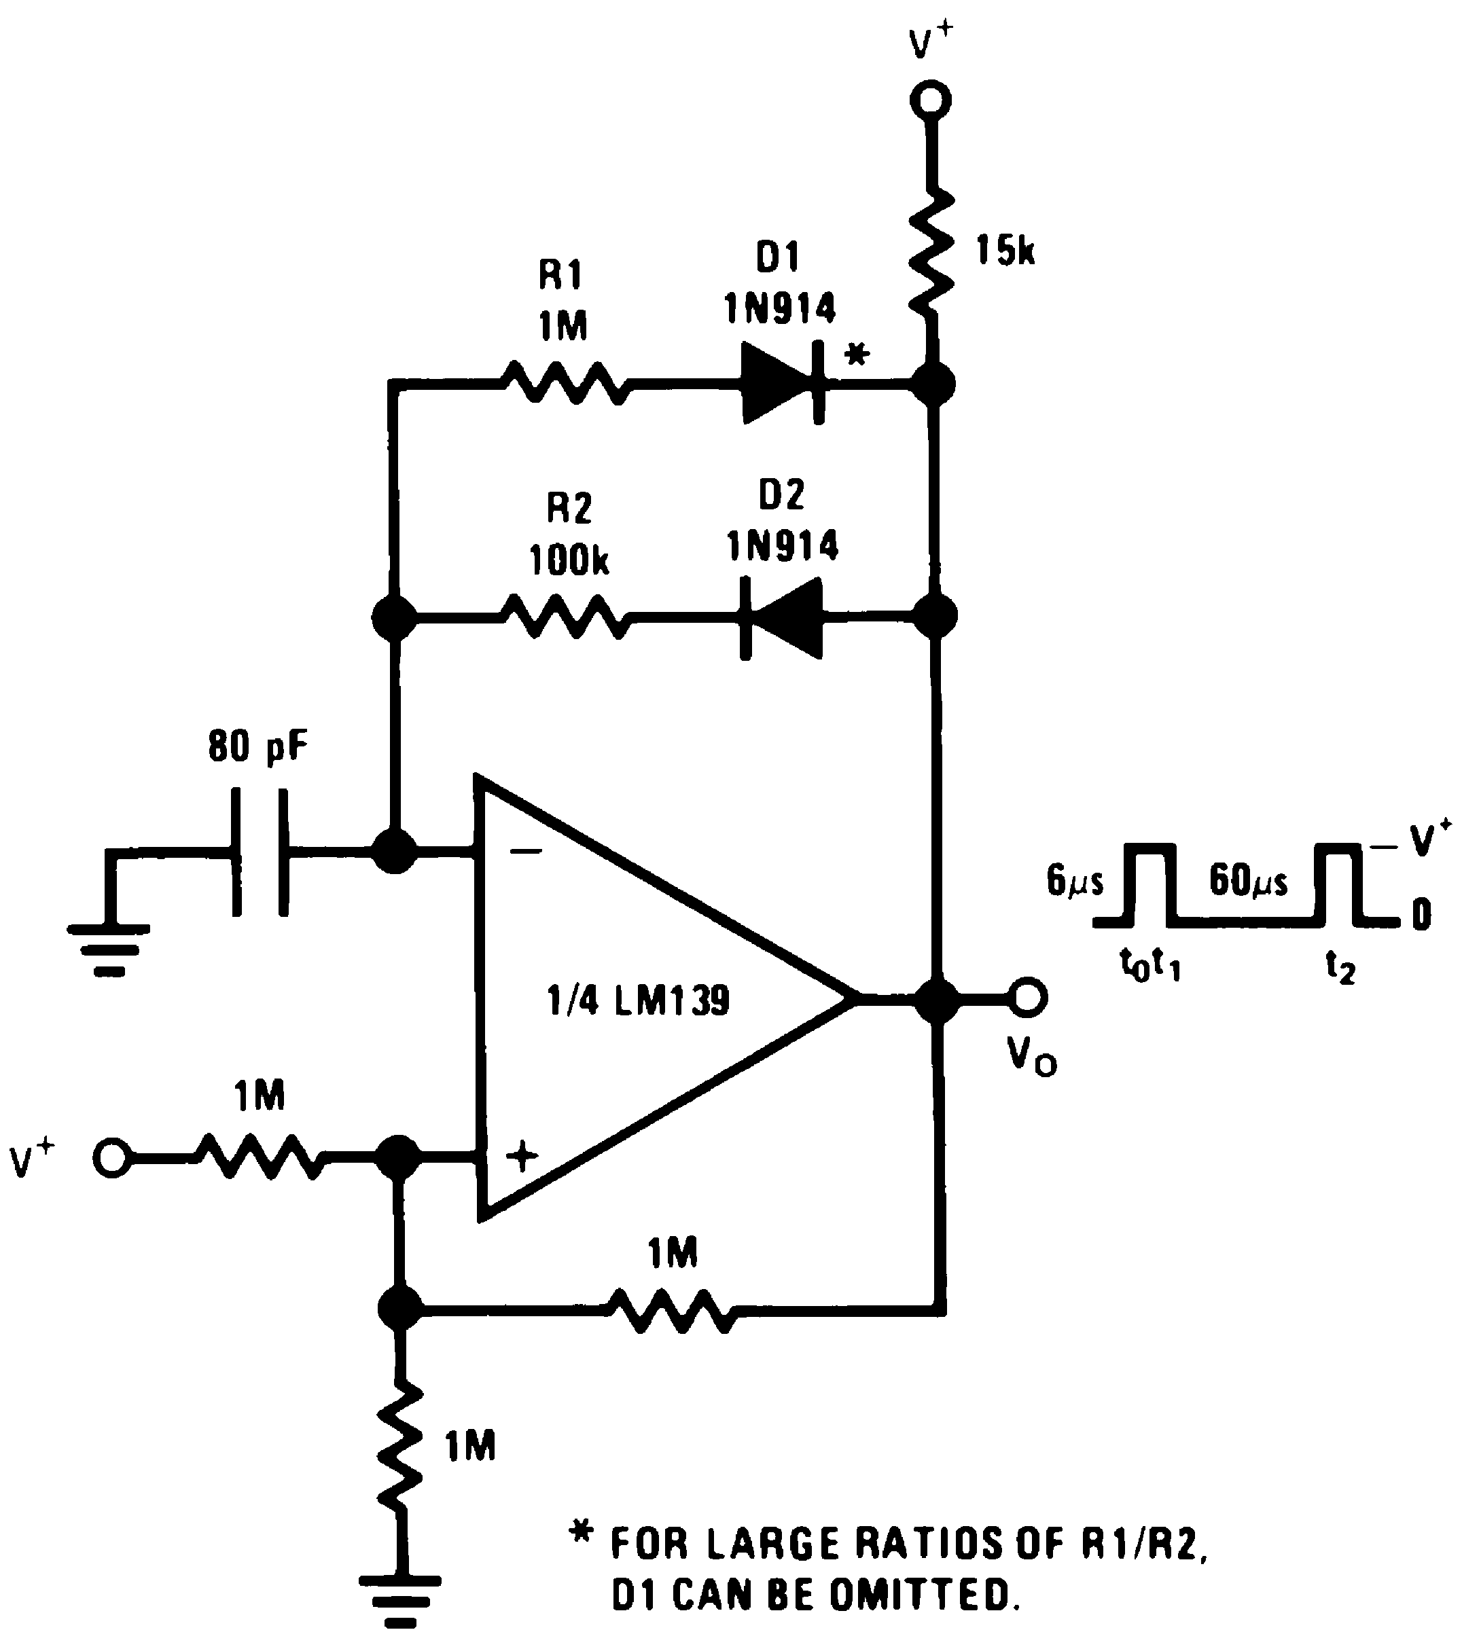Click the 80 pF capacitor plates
point(260,852)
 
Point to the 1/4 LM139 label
point(639,1001)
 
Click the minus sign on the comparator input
point(526,852)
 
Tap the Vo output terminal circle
point(1028,996)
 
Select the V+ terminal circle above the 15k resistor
point(931,101)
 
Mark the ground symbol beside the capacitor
point(109,947)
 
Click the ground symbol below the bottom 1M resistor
point(400,1594)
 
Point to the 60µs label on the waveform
point(1247,882)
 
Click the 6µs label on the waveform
point(1075,882)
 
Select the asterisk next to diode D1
point(858,353)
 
